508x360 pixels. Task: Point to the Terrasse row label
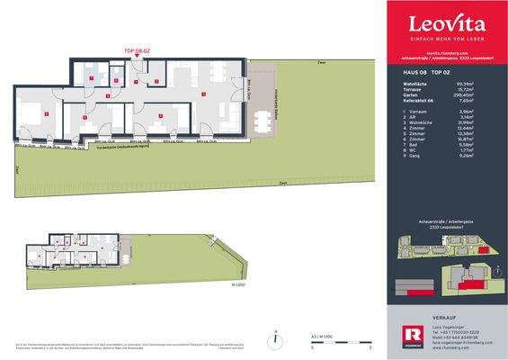405,88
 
